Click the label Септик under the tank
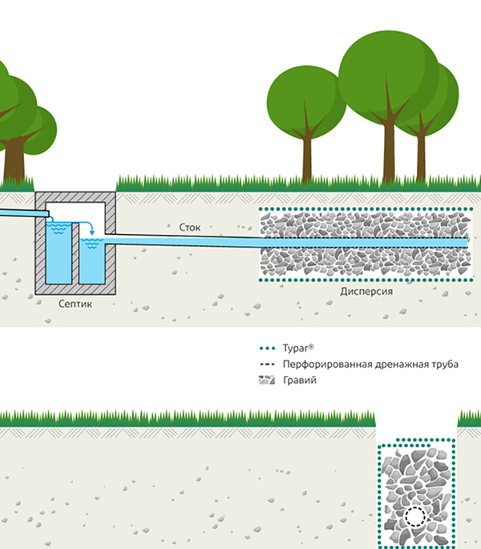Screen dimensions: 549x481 [x=77, y=305]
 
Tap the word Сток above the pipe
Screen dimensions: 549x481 [x=190, y=228]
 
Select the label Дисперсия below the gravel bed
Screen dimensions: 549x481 [x=366, y=293]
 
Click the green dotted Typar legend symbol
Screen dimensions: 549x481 [x=265, y=349]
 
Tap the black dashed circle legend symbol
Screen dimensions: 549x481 [x=265, y=365]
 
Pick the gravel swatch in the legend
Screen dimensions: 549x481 [x=265, y=380]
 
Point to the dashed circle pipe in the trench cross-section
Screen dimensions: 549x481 [x=415, y=517]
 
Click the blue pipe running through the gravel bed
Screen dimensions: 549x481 [x=365, y=242]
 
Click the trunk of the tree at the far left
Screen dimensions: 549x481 [x=14, y=160]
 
